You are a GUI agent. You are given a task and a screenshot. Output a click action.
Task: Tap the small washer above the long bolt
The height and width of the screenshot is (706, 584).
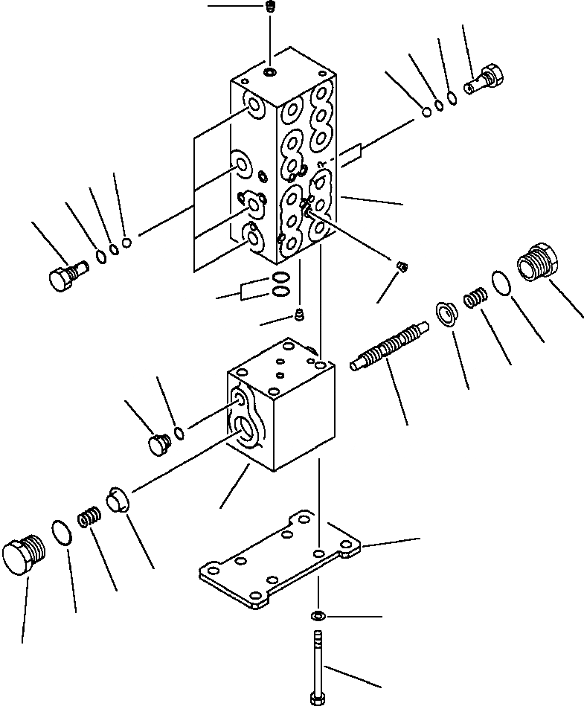[x=317, y=616]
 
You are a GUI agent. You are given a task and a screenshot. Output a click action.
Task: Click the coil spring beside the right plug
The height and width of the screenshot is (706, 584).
[x=474, y=300]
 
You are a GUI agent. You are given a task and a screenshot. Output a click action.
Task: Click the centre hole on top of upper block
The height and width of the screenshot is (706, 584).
[x=269, y=73]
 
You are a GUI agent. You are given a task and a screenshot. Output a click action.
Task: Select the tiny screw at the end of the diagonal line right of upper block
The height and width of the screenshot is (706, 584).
[x=401, y=266]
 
